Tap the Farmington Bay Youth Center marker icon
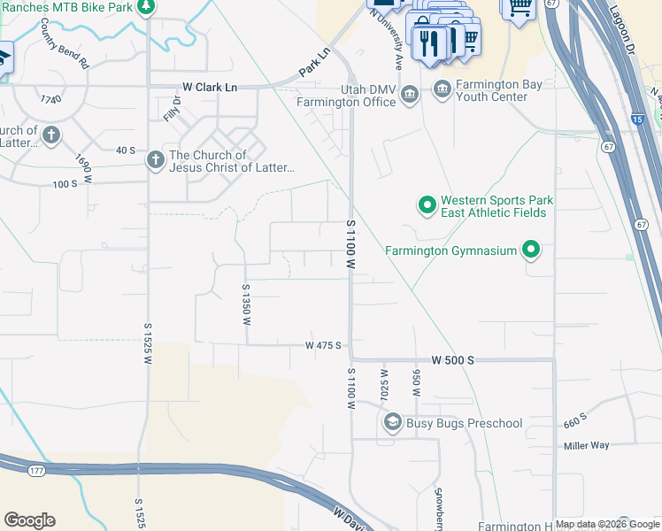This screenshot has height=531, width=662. point(442,88)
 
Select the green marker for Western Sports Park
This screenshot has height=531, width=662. point(427,206)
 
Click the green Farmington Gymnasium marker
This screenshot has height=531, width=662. point(531,250)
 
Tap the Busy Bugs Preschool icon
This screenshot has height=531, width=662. point(392,423)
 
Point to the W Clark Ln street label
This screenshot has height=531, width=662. point(210,87)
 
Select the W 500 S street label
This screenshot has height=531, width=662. point(453,360)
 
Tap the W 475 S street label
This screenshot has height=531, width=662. point(323,345)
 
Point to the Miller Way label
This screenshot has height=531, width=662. point(587,446)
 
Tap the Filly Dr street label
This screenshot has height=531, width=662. point(170,109)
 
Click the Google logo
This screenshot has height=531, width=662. point(29,520)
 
